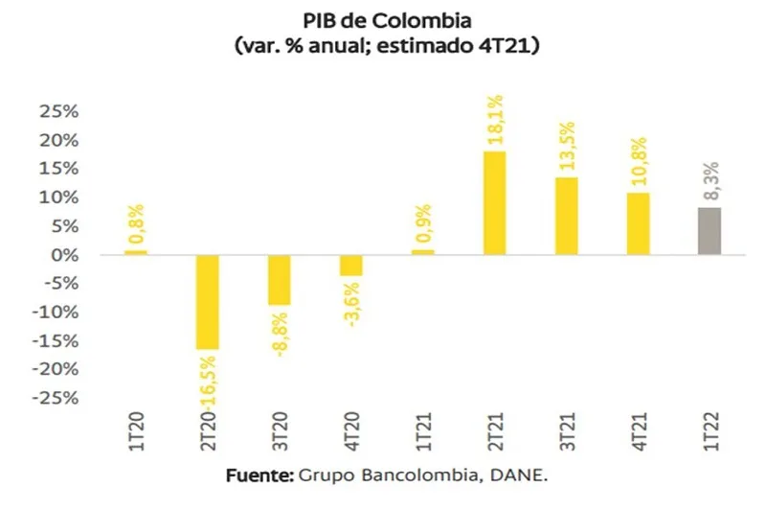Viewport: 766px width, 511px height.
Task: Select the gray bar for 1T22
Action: [x=709, y=231]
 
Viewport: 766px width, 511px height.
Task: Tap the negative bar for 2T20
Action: [x=207, y=302]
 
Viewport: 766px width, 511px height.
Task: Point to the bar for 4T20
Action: [x=350, y=266]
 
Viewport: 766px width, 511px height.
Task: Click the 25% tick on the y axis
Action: [x=57, y=111]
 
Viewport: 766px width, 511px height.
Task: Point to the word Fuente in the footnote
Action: [x=259, y=476]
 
